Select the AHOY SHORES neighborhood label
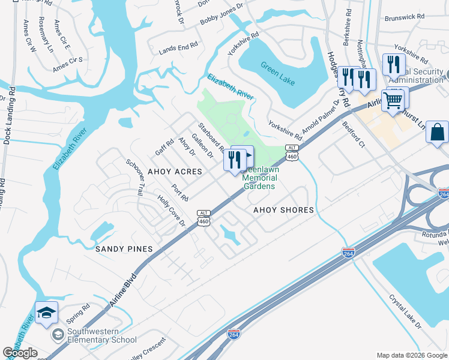click(283, 210)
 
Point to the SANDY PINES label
click(124, 248)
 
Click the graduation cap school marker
click(46, 313)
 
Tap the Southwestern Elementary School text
click(101, 335)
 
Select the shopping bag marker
click(438, 132)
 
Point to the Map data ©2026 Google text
click(411, 355)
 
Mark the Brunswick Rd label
click(405, 19)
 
